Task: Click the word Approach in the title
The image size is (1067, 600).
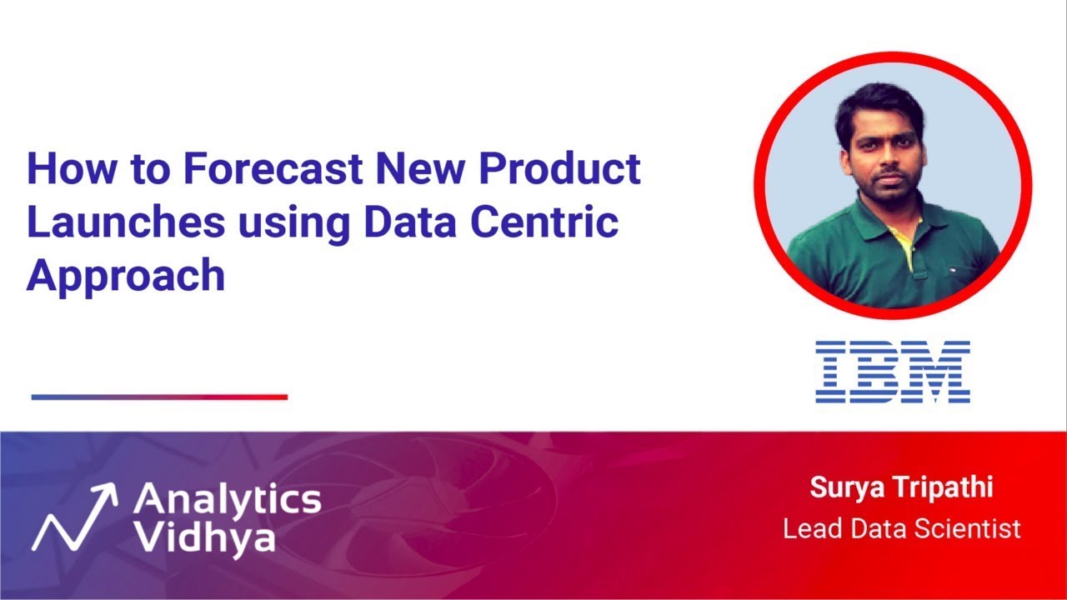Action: click(x=126, y=276)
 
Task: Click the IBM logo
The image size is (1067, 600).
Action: click(x=892, y=372)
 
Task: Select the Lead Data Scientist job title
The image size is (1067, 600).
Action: click(x=901, y=528)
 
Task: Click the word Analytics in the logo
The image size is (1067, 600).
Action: click(x=227, y=500)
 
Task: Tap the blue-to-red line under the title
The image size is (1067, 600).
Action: click(x=159, y=397)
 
